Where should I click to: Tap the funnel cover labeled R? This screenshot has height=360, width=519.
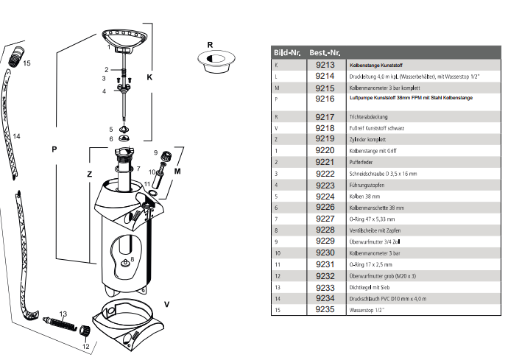coord(216,62)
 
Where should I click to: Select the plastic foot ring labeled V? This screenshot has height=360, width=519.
coord(128,322)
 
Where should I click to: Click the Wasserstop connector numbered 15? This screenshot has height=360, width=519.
coord(16,57)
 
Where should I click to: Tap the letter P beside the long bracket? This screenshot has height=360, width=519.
coord(54,149)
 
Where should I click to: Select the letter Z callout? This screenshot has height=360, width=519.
coord(89,174)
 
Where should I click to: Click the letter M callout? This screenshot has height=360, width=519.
coord(177,172)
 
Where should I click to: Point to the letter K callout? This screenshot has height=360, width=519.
coord(149,77)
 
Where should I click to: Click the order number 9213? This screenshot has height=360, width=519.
coord(325,65)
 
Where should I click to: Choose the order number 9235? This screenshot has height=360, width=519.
coord(325,309)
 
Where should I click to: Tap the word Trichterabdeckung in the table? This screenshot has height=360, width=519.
coord(368,117)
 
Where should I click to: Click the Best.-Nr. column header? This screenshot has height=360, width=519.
coord(325,52)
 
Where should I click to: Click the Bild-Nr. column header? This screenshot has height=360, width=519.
coord(287,52)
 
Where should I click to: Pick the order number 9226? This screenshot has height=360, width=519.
coord(325,207)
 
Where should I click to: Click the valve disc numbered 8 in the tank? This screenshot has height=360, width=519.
coord(125,263)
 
